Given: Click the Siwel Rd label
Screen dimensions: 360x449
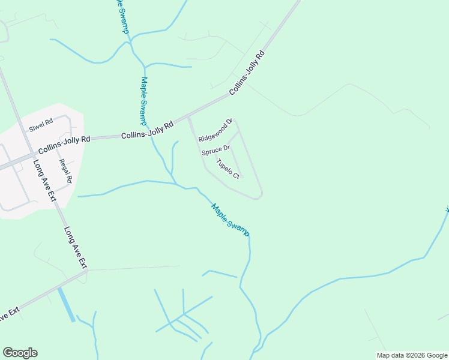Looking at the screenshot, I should pyautogui.click(x=41, y=125).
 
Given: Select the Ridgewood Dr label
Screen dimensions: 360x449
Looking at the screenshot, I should pyautogui.click(x=215, y=130).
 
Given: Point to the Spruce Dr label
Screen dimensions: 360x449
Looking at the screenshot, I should pyautogui.click(x=215, y=149).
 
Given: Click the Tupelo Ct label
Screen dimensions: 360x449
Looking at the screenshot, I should pyautogui.click(x=228, y=169).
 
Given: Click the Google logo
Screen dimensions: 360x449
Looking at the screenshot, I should pyautogui.click(x=20, y=353).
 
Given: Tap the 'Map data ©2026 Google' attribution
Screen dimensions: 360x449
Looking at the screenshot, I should pyautogui.click(x=412, y=355).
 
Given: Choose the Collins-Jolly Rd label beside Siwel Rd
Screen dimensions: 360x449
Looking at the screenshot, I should pyautogui.click(x=64, y=144).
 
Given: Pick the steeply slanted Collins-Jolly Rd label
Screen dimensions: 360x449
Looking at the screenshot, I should pyautogui.click(x=247, y=74).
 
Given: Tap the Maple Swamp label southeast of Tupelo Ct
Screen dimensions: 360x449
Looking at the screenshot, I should pyautogui.click(x=230, y=220).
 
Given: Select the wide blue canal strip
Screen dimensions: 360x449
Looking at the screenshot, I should pyautogui.click(x=67, y=304).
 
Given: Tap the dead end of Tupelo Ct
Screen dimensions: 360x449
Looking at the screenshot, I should pyautogui.click(x=241, y=178).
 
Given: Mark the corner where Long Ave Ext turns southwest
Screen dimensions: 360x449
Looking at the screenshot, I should pyautogui.click(x=86, y=272).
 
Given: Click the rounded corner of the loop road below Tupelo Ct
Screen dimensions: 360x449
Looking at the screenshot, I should pyautogui.click(x=259, y=196).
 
